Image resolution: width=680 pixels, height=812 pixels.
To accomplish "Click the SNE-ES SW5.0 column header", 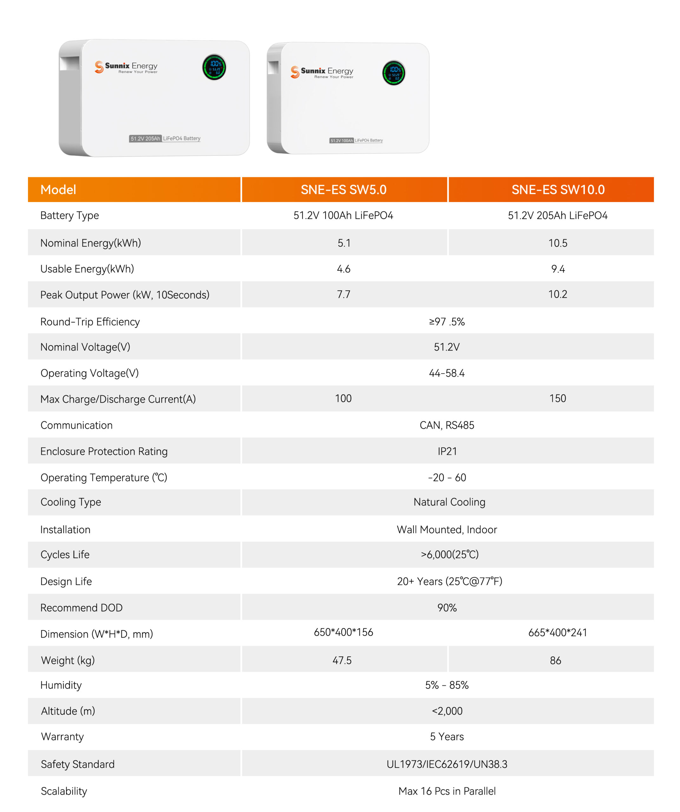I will [x=343, y=189].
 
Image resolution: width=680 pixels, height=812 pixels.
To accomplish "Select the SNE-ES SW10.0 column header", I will [x=558, y=189].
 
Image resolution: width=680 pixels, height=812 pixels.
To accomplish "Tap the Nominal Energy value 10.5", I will [x=558, y=243].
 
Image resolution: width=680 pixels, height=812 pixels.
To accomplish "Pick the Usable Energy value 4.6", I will [x=343, y=269].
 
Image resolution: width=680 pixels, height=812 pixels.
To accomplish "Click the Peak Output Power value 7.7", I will [x=343, y=294].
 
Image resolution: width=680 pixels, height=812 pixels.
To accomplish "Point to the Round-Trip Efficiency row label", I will [x=90, y=322].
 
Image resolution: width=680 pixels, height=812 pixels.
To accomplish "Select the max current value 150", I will [x=558, y=398].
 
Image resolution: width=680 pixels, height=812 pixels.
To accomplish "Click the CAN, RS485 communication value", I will [x=447, y=425].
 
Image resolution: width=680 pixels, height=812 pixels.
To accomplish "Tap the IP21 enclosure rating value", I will [x=447, y=451].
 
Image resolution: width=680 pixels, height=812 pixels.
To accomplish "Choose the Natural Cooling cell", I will [x=449, y=502].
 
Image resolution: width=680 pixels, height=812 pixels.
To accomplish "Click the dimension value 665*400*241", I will [x=558, y=632].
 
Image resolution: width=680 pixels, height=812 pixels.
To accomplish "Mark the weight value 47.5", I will [x=342, y=660].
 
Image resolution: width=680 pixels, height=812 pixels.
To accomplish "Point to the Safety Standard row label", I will [x=78, y=764].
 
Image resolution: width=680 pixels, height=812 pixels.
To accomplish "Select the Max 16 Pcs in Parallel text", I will [x=447, y=791].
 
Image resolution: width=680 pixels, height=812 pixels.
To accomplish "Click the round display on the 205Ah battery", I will [x=214, y=67].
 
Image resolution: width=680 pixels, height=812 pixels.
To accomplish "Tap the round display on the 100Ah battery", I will [x=394, y=73].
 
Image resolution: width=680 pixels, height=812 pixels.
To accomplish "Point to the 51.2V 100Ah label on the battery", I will [x=341, y=141].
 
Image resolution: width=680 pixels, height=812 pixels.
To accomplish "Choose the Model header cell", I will [x=58, y=189].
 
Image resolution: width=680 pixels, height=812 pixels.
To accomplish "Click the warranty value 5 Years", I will [x=447, y=737].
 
